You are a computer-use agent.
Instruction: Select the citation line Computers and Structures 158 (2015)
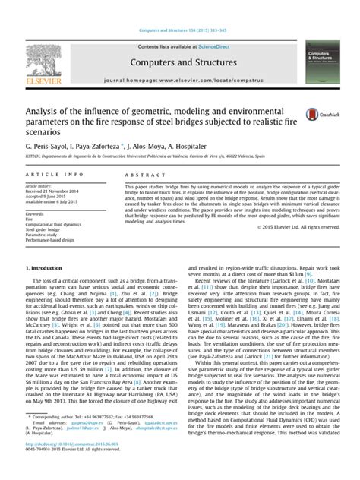point(181,7)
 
